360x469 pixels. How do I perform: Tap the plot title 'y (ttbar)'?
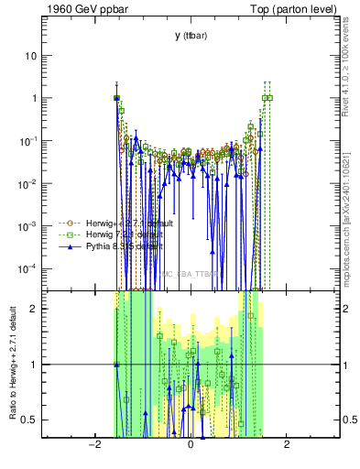point(190,36)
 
